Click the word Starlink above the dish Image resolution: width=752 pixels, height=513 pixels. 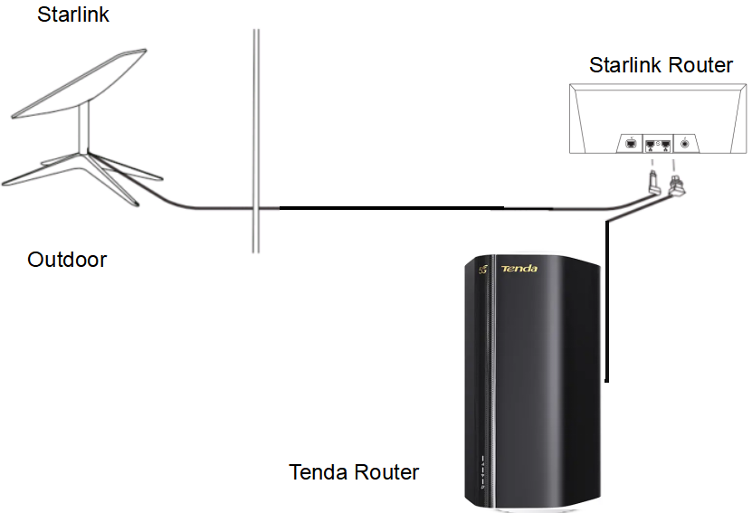pos(73,14)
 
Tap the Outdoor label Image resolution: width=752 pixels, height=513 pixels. pos(67,261)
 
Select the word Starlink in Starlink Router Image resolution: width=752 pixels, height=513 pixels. pos(627,65)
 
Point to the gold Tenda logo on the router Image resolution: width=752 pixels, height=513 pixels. pos(519,268)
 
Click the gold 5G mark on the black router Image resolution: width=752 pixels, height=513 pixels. pos(482,271)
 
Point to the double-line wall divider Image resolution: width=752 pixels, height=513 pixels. pos(257,136)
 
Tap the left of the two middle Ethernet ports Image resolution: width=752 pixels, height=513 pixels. pos(650,143)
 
